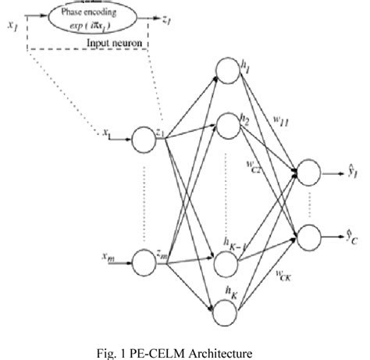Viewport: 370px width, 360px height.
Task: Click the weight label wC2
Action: tap(254, 168)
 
